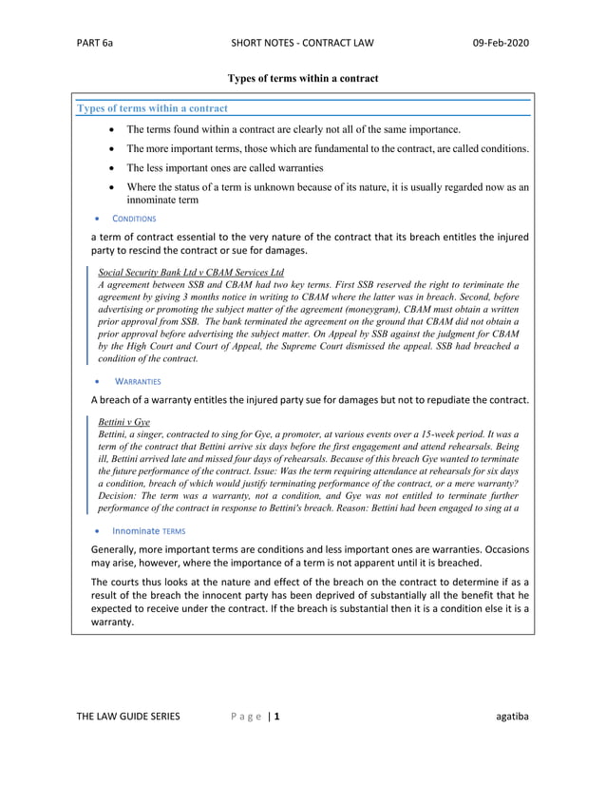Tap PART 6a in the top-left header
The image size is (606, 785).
97,43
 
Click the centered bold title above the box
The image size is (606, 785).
303,77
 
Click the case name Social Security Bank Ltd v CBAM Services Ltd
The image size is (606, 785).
191,272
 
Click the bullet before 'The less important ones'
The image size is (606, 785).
115,168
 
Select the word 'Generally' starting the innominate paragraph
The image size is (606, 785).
116,549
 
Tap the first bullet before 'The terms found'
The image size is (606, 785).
115,129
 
